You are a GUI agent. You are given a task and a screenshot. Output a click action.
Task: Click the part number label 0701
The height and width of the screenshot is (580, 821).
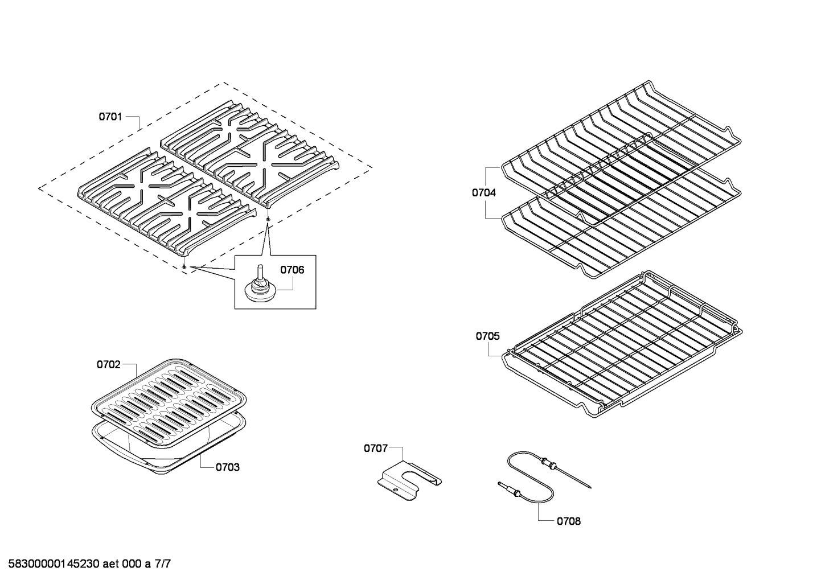click(x=110, y=117)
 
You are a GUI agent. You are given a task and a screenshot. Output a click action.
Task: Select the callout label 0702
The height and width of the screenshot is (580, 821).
click(x=108, y=364)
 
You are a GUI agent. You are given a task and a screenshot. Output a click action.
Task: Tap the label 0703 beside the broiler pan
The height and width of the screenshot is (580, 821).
click(x=227, y=467)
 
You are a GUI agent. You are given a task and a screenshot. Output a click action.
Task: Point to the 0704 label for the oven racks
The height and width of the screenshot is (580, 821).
click(x=483, y=193)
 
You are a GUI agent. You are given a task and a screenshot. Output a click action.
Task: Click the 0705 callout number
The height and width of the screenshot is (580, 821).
click(x=487, y=336)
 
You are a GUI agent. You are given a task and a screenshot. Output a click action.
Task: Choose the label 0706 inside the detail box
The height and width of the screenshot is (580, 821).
click(x=292, y=270)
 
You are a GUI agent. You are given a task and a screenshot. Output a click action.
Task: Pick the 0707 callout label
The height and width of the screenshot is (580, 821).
click(x=376, y=449)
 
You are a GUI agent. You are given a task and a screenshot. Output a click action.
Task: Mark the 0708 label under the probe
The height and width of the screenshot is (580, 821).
click(x=569, y=521)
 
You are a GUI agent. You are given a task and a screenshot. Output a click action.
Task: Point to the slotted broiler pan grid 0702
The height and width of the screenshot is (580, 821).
click(x=169, y=398)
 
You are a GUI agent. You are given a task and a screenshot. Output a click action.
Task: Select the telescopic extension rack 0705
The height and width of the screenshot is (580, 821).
click(x=621, y=347)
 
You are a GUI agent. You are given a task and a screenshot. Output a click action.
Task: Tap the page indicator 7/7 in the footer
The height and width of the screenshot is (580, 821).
click(x=162, y=565)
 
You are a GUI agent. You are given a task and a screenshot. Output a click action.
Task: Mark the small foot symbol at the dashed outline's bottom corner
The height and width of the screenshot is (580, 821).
click(x=184, y=266)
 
